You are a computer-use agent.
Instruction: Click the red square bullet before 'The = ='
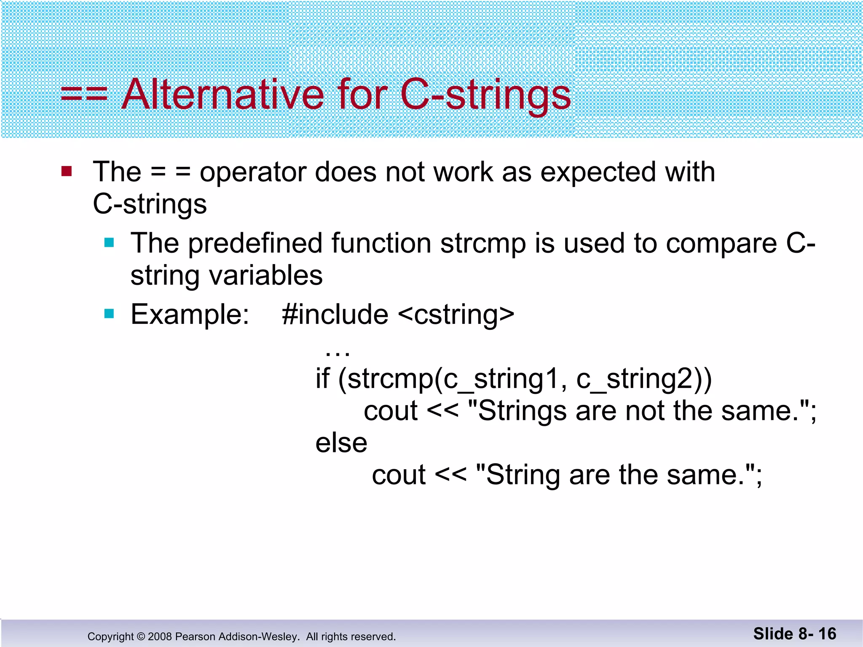pyautogui.click(x=67, y=171)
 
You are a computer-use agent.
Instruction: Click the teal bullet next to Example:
pyautogui.click(x=109, y=314)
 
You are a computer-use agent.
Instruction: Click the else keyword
pyautogui.click(x=341, y=443)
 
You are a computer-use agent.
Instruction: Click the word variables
pyautogui.click(x=266, y=275)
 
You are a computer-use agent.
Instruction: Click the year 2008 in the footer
pyautogui.click(x=160, y=636)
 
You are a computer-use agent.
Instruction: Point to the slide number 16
pyautogui.click(x=827, y=634)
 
